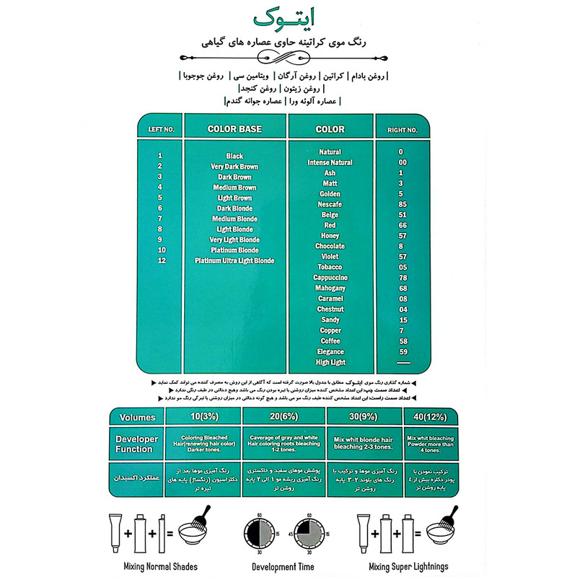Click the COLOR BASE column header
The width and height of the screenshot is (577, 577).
point(234,130)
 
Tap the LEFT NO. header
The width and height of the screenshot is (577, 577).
point(161,131)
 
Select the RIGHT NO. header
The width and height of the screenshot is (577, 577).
point(402,131)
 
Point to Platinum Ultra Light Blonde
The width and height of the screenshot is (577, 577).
point(234,260)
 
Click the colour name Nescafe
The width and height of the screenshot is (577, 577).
point(330,205)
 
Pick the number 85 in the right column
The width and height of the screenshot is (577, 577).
point(402,205)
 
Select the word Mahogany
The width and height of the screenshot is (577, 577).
point(330,288)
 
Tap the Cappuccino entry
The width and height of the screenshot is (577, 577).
point(330,278)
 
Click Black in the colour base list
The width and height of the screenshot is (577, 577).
point(234,156)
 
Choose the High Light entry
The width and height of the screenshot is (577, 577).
point(330,361)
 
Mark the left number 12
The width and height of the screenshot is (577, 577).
point(159,260)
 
